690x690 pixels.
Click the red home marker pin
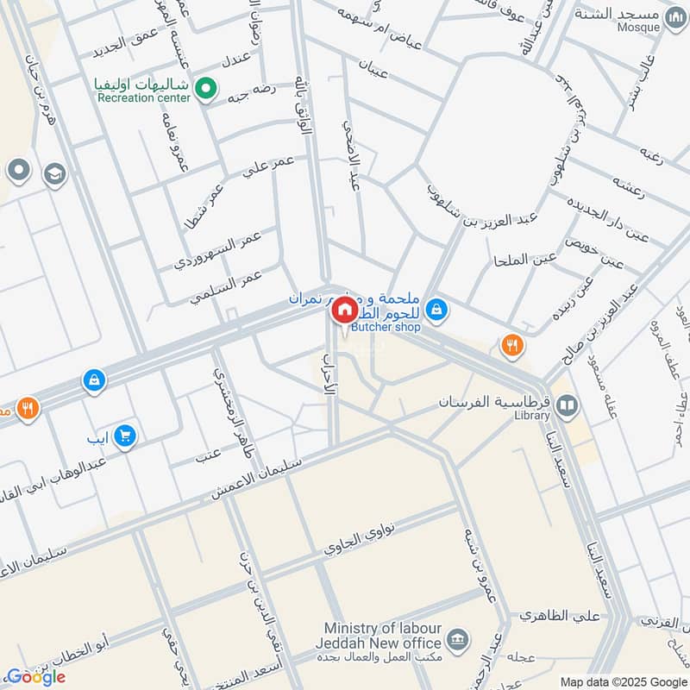pyautogui.click(x=343, y=310)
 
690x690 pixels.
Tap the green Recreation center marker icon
pyautogui.click(x=206, y=87)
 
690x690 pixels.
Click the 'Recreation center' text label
pyautogui.click(x=143, y=98)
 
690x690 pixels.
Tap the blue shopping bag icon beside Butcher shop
pyautogui.click(x=437, y=308)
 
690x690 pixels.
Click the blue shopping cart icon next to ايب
pyautogui.click(x=126, y=436)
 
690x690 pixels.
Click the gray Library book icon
pyautogui.click(x=566, y=404)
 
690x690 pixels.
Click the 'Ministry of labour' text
pyautogui.click(x=385, y=629)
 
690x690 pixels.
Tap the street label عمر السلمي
pyautogui.click(x=226, y=285)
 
